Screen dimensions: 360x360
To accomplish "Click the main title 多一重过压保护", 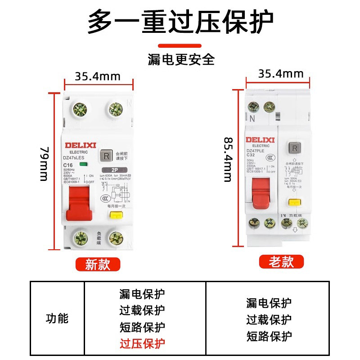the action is point(180,22).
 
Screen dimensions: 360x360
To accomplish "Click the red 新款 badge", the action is point(98,264).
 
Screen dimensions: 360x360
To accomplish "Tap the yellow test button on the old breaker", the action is point(294,202).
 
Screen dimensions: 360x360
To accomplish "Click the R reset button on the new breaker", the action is point(107,156).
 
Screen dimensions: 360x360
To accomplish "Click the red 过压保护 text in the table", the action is point(142,344).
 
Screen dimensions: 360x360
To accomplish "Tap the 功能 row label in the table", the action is point(57,319).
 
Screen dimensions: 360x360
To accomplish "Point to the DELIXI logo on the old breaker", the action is point(260,139).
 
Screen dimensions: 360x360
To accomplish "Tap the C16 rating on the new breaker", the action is point(68,166).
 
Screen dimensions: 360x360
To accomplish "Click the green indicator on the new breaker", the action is point(83,165).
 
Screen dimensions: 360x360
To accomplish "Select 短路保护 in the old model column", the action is point(269,336).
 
